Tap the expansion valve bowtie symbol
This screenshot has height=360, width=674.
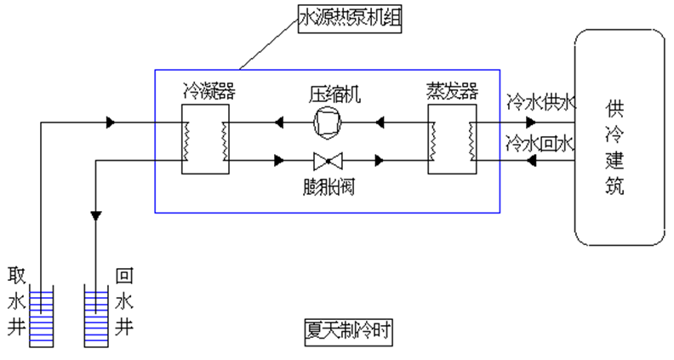pyautogui.click(x=327, y=160)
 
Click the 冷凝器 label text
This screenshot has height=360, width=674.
pyautogui.click(x=206, y=89)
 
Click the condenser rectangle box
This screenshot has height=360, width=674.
pyautogui.click(x=206, y=140)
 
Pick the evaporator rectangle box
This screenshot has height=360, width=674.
pyautogui.click(x=451, y=140)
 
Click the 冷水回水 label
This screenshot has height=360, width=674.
pyautogui.click(x=540, y=141)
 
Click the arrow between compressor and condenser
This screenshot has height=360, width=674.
pyautogui.click(x=279, y=123)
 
